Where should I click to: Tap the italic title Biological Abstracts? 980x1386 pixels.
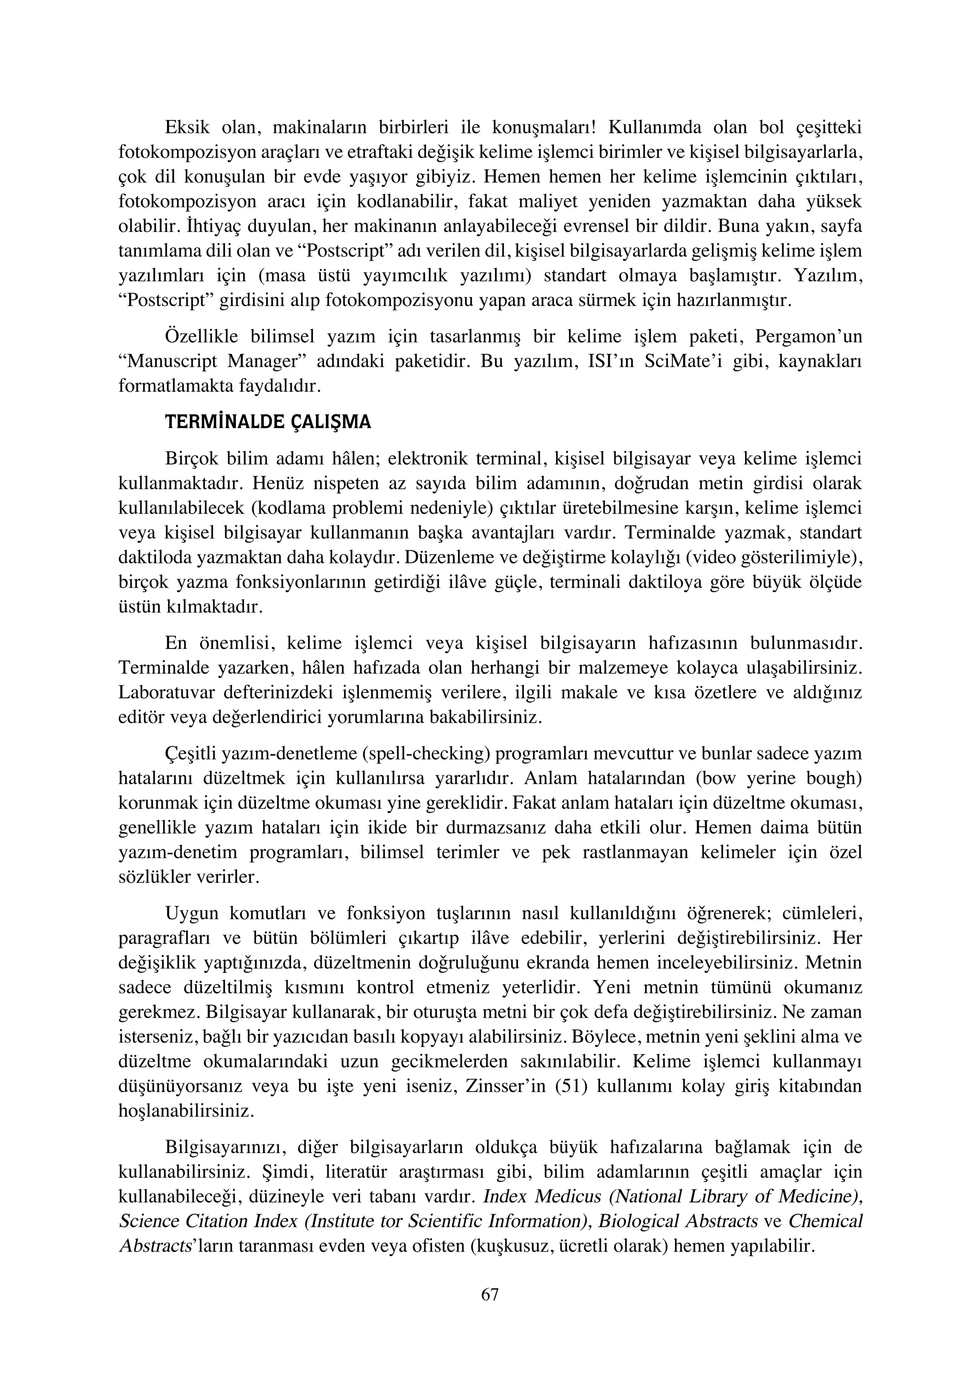(x=678, y=1221)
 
